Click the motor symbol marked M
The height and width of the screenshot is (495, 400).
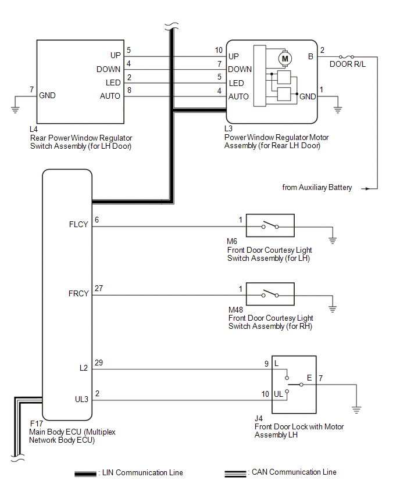coord(285,59)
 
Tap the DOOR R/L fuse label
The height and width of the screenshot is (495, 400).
coord(347,64)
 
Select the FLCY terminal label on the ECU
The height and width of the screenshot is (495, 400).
coord(78,224)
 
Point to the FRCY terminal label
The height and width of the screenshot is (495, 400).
coord(78,293)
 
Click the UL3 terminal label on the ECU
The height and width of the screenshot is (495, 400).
coord(81,399)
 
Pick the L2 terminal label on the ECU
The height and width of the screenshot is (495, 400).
coord(84,368)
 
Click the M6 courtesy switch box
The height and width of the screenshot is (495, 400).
coord(270,225)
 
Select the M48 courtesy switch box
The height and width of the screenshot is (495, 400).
coord(270,294)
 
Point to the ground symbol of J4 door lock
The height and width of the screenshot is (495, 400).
coord(356,410)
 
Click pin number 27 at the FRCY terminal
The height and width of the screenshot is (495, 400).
coord(99,288)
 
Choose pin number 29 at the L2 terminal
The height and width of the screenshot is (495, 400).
coord(99,363)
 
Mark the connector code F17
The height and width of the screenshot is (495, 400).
coord(36,424)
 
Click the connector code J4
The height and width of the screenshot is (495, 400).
coord(259,419)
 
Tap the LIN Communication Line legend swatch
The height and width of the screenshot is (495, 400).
coord(85,474)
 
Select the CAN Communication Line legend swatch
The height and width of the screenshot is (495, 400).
coord(235,474)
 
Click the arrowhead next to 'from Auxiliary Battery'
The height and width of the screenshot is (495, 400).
coord(366,189)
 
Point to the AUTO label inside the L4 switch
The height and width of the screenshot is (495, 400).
coord(110,96)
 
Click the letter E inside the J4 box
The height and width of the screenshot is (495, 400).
coord(309,378)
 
